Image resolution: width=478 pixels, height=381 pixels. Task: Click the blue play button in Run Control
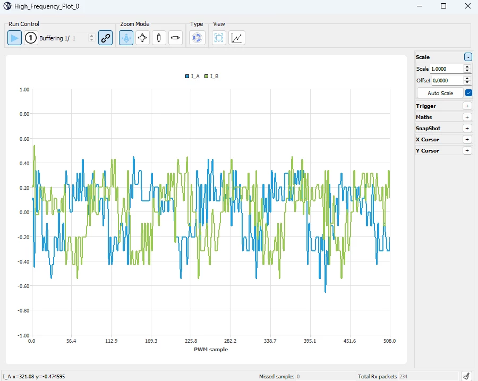coord(14,38)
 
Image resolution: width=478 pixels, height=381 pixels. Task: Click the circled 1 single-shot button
coord(31,38)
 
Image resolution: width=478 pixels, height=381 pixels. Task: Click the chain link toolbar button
coord(106,38)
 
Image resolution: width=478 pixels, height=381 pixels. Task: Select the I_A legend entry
coord(192,77)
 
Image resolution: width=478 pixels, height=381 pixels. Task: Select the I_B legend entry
coord(211,77)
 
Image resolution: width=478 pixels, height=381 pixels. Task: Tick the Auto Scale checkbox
coord(468,93)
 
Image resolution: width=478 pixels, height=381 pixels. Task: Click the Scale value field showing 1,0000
coord(447,69)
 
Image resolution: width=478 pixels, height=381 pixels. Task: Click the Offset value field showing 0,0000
coord(447,81)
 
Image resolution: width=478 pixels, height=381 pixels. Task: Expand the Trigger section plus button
coord(467,106)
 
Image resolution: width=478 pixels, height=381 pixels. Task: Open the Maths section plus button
coord(467,117)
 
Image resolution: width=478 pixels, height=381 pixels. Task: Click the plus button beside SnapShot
coord(467,129)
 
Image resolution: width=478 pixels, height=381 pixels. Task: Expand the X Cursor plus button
coord(467,139)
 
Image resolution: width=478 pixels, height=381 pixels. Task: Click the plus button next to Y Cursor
coord(467,151)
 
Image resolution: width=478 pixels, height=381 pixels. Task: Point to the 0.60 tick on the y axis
coord(24,139)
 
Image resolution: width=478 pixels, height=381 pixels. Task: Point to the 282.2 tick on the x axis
coord(230,341)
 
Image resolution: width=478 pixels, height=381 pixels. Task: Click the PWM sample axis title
coord(211,349)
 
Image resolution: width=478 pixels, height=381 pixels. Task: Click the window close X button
coord(468,6)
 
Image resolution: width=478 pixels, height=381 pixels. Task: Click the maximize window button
coord(443,6)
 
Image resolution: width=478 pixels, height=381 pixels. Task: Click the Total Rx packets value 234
coord(403,376)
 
